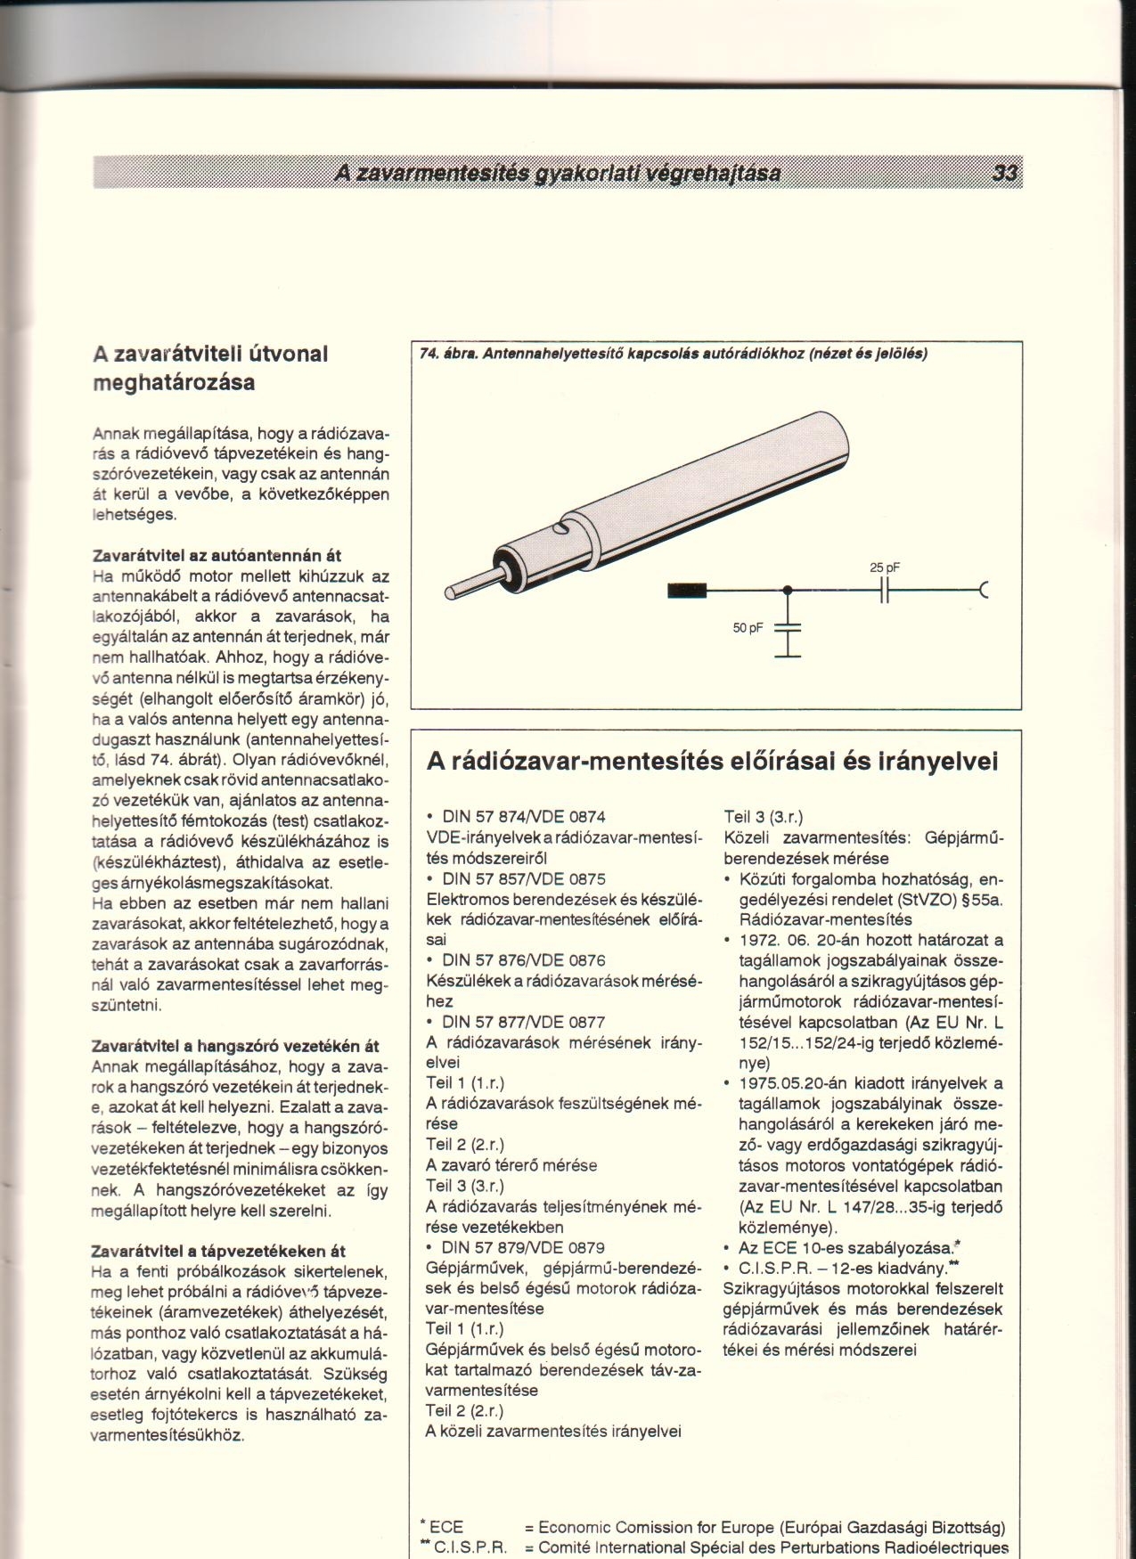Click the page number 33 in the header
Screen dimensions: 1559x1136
(1005, 174)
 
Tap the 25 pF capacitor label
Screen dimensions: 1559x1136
(884, 568)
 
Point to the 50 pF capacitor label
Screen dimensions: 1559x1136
(748, 628)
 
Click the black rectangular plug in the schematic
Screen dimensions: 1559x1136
(687, 590)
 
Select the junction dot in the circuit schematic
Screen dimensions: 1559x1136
(787, 590)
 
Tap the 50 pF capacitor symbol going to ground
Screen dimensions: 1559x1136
(788, 628)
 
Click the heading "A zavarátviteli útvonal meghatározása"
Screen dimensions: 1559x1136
(211, 368)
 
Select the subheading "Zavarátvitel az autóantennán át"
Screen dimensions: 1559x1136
(217, 556)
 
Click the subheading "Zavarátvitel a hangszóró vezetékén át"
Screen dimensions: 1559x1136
(236, 1047)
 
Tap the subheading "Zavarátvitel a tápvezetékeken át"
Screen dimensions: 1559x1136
(218, 1251)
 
